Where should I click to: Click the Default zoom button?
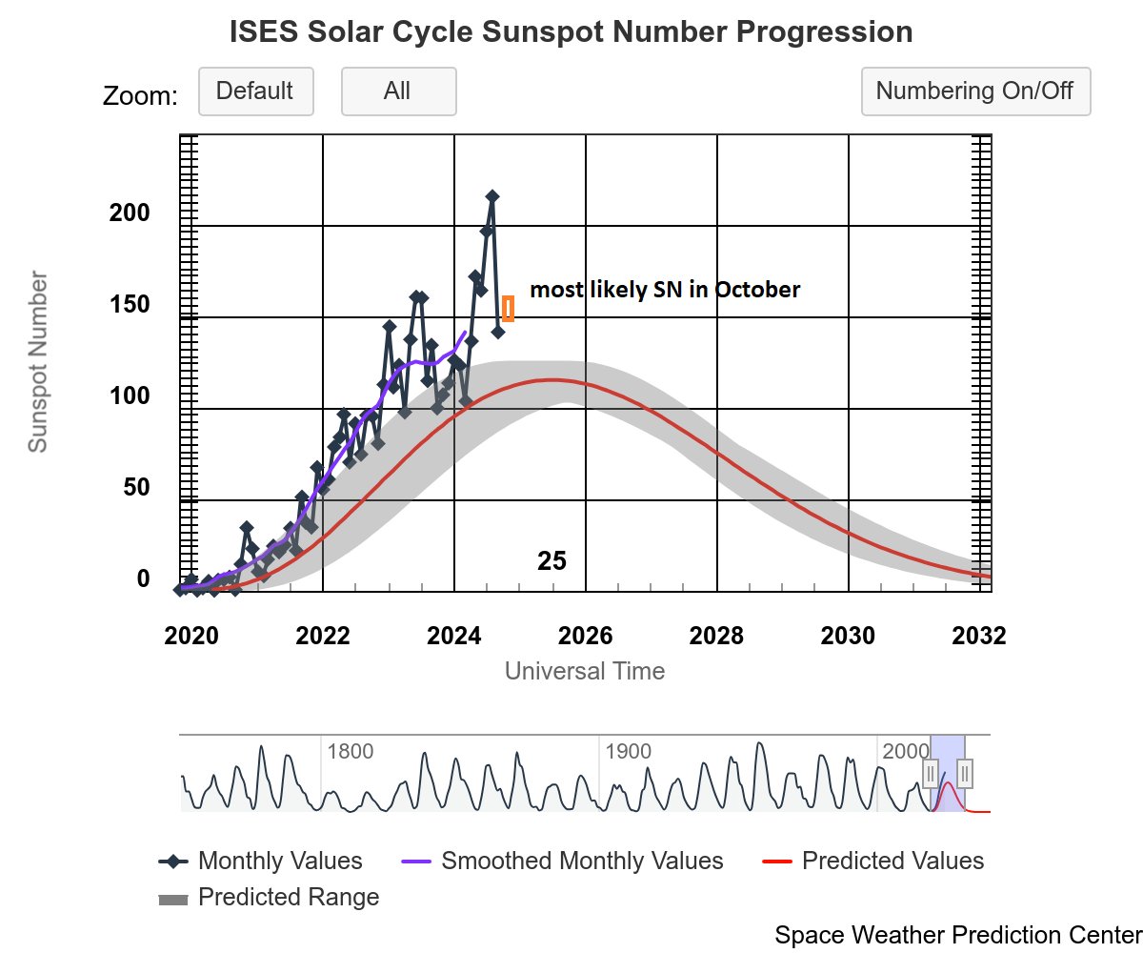[255, 91]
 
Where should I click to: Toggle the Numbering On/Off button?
[974, 91]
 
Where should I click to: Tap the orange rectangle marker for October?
[508, 309]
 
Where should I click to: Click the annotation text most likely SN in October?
[665, 290]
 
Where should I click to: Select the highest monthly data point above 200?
[492, 196]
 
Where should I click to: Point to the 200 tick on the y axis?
[130, 213]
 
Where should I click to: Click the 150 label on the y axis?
[130, 304]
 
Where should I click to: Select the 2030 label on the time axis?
[849, 636]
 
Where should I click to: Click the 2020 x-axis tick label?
[192, 636]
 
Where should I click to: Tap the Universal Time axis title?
[585, 671]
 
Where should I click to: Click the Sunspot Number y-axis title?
[37, 362]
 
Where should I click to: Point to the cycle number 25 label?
[551, 561]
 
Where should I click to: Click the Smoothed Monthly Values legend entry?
[582, 862]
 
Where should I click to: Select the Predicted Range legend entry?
[288, 898]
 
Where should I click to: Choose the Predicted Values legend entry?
[892, 862]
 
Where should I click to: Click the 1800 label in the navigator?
[350, 751]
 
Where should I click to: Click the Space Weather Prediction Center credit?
[957, 935]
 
